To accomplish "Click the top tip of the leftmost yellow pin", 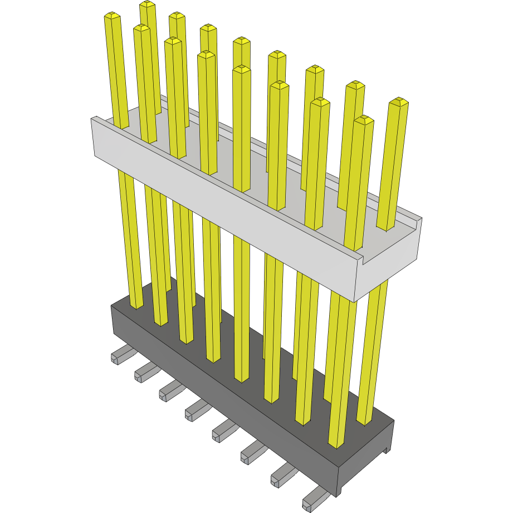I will point(113,17).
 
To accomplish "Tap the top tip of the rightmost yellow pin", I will point(399,102).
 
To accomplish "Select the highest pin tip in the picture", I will point(148,4).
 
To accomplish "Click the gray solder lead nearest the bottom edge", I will point(315,499).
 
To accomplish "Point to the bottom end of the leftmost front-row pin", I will point(136,305).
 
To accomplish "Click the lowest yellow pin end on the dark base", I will point(336,443).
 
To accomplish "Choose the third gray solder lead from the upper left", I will point(172,391).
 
